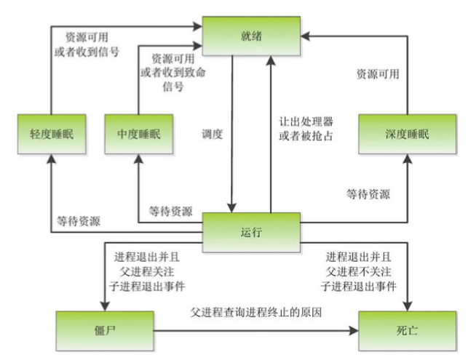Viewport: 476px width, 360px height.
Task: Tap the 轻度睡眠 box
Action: (x=49, y=135)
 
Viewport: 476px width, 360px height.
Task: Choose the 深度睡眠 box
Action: (x=407, y=135)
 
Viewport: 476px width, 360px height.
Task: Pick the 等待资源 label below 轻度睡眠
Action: (x=81, y=220)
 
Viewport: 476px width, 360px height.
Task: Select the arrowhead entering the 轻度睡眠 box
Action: (x=49, y=161)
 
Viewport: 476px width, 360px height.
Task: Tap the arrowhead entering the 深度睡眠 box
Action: (x=407, y=161)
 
